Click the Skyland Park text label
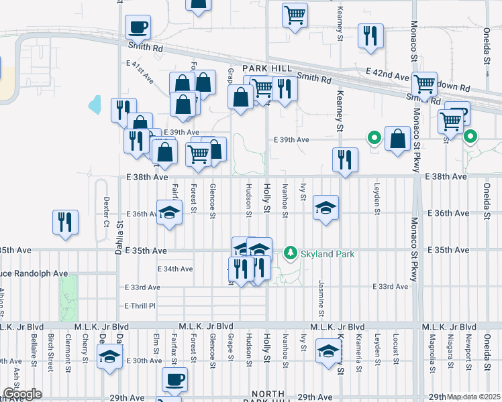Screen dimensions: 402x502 [327, 254]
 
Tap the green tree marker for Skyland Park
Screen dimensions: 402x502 [291, 253]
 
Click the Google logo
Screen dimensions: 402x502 [21, 394]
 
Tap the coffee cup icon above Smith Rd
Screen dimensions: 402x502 [138, 27]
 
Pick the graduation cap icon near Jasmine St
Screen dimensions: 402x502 [325, 208]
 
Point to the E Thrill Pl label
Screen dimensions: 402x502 [140, 306]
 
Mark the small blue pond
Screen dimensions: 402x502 [95, 105]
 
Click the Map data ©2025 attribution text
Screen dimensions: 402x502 [474, 397]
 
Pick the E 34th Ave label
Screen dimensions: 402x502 [175, 269]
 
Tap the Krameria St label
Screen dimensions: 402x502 [360, 349]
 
